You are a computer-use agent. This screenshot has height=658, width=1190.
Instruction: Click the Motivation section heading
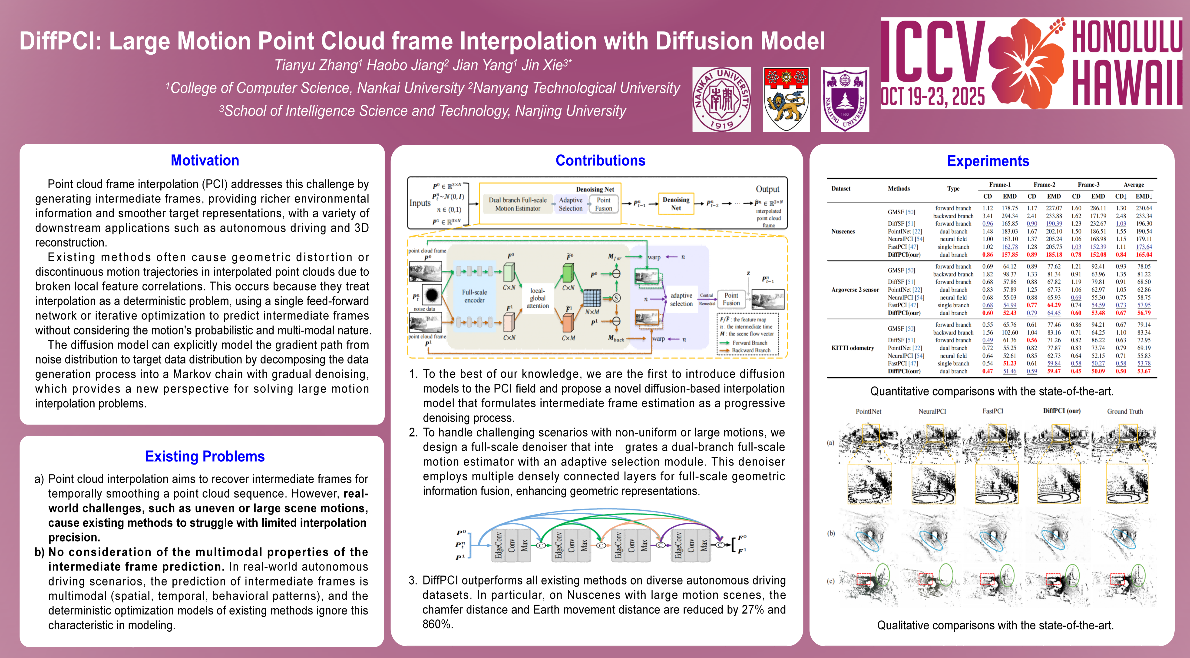[205, 160]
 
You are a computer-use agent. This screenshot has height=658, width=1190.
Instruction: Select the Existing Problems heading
[205, 457]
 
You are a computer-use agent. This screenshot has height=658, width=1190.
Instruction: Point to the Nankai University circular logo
[721, 99]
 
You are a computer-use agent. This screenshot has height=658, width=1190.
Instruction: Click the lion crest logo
[786, 99]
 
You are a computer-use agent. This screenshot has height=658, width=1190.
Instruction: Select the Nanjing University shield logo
[845, 99]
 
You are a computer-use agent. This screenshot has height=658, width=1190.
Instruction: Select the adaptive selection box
[681, 299]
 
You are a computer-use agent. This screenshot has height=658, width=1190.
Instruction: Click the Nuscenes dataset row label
[843, 232]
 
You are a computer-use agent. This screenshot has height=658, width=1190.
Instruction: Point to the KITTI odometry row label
[852, 348]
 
